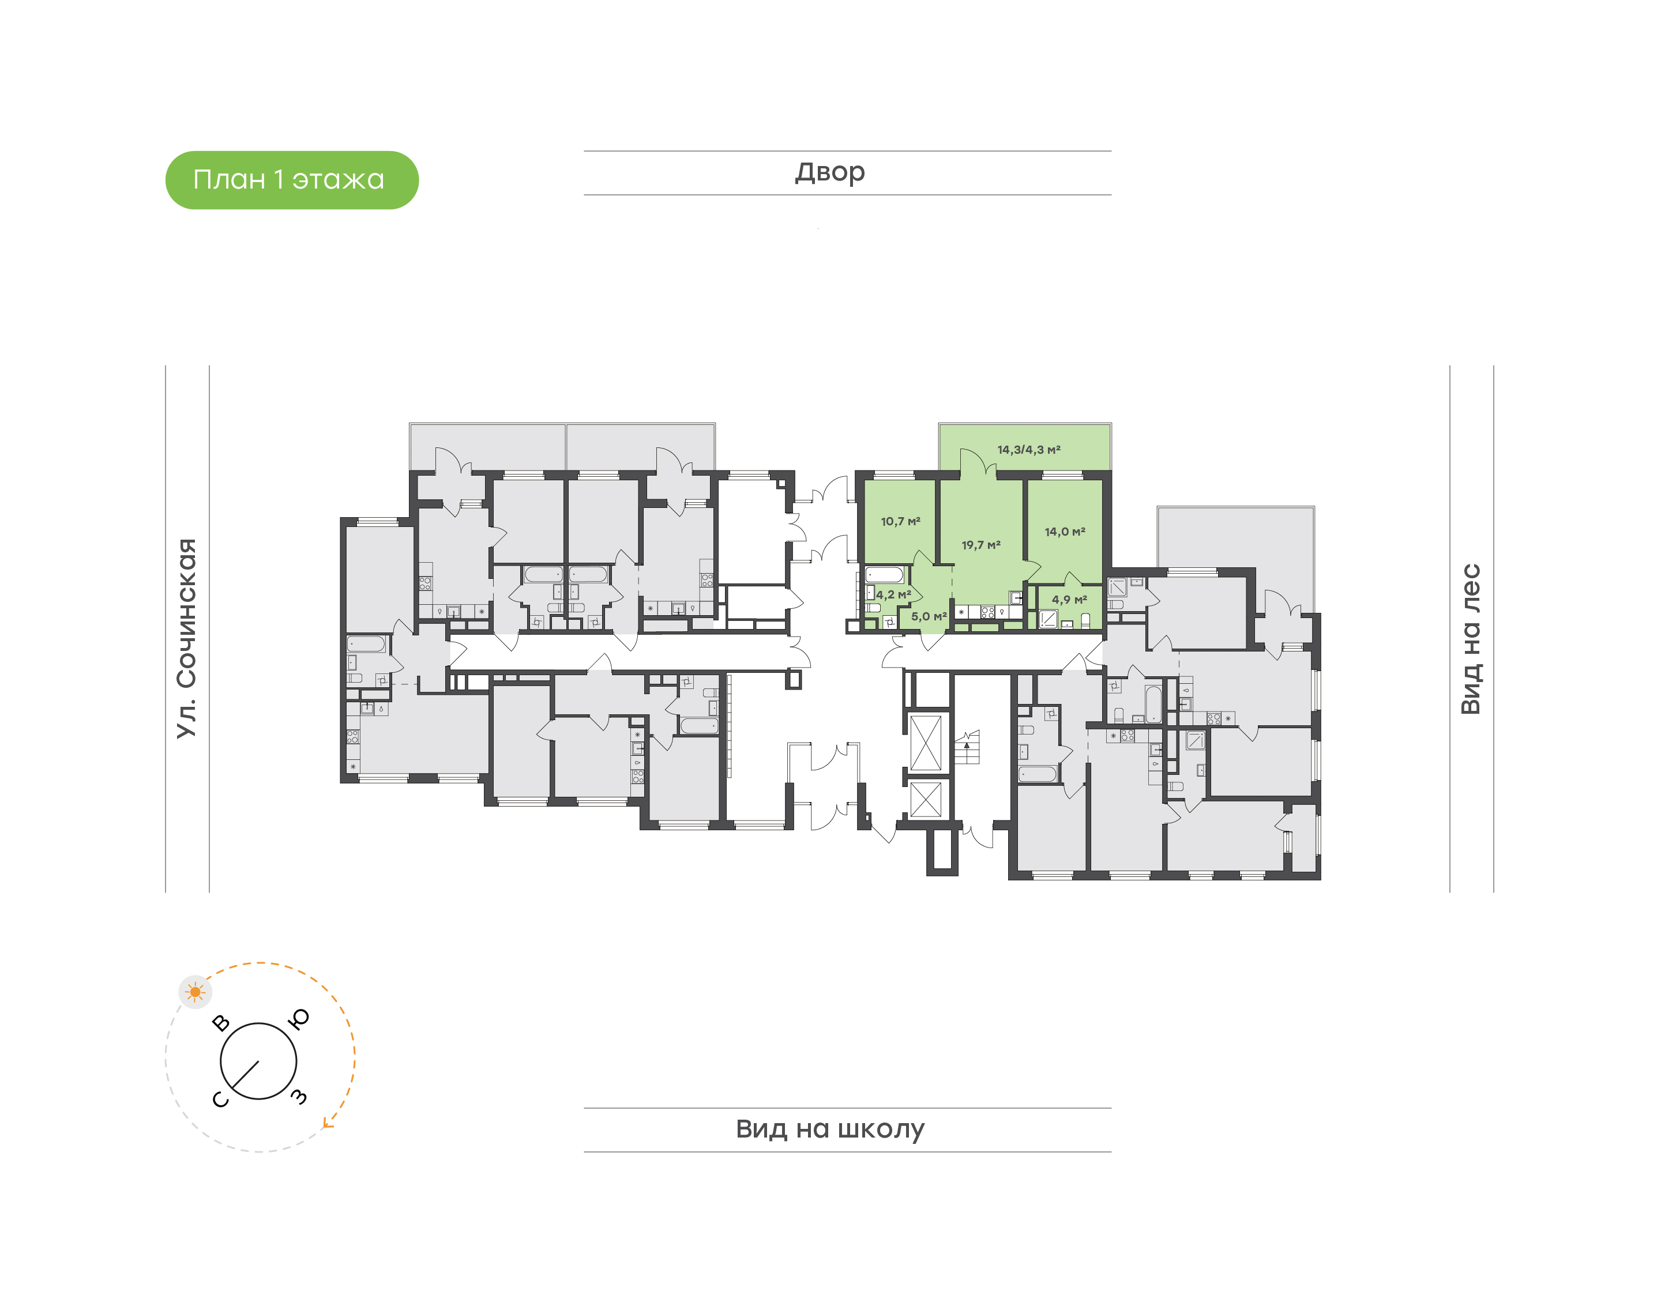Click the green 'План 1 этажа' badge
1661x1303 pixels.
[x=291, y=180]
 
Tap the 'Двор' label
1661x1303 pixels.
[x=830, y=172]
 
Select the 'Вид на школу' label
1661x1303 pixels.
[x=830, y=1128]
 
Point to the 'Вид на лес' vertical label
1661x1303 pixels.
[x=1470, y=639]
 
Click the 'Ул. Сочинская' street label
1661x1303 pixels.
[x=186, y=638]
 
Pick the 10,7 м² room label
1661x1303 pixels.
[x=900, y=521]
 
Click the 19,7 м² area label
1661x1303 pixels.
[x=980, y=545]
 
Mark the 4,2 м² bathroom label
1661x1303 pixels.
[x=893, y=594]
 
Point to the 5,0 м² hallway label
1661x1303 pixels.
[x=929, y=616]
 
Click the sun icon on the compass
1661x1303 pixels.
[x=196, y=992]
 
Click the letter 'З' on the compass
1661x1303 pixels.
[x=299, y=1097]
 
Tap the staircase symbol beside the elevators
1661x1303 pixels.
[x=967, y=747]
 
